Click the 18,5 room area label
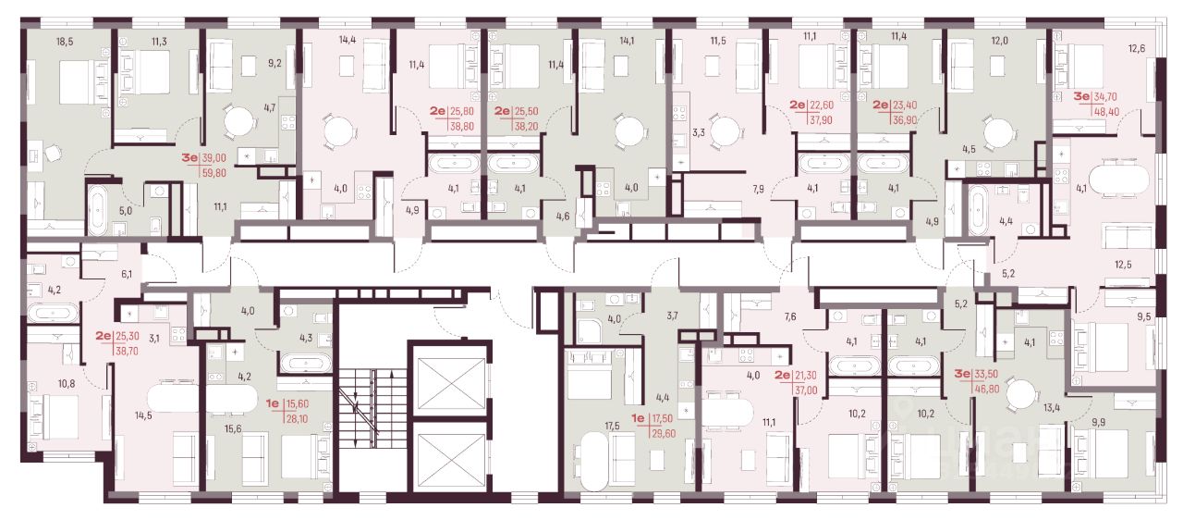tap(65, 42)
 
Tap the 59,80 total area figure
tap(213, 173)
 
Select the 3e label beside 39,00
tap(189, 158)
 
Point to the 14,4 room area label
tap(347, 40)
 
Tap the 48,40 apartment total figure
tap(1107, 112)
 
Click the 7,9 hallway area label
tap(759, 189)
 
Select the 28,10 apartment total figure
tap(297, 419)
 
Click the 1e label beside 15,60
tap(272, 404)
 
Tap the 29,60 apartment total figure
tap(664, 434)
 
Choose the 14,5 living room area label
tap(143, 415)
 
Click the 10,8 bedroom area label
tap(67, 384)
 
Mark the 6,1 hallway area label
tap(127, 274)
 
